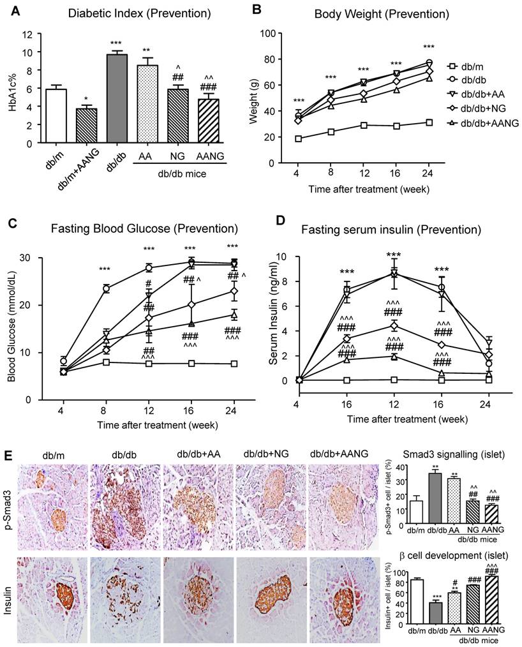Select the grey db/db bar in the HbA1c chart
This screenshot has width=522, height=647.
pyautogui.click(x=117, y=99)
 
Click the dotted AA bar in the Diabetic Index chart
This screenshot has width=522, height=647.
pyautogui.click(x=147, y=105)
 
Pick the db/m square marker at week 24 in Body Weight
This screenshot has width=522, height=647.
pyautogui.click(x=429, y=123)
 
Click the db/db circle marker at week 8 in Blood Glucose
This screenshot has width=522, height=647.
pyautogui.click(x=107, y=288)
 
